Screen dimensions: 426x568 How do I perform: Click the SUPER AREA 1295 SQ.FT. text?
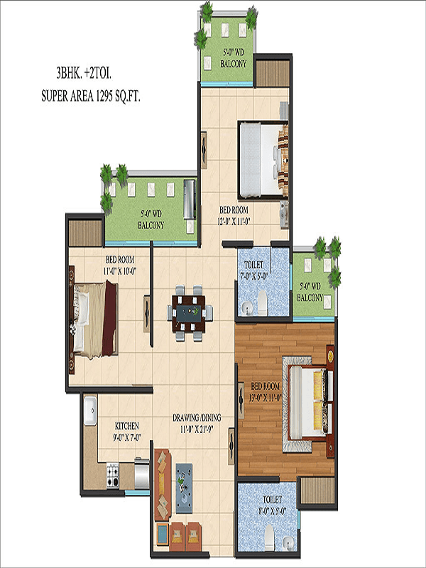click(x=91, y=97)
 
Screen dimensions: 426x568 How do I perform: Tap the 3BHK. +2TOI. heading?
click(x=84, y=74)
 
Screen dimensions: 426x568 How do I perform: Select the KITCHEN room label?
click(x=127, y=425)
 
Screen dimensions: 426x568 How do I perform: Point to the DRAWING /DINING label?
click(x=197, y=417)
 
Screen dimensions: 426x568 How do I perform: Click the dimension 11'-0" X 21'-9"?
click(x=197, y=430)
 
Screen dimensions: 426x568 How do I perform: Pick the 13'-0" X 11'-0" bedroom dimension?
click(x=265, y=398)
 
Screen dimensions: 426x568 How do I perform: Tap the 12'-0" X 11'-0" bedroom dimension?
click(x=234, y=222)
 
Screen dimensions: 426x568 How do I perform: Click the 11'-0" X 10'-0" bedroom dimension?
click(x=120, y=271)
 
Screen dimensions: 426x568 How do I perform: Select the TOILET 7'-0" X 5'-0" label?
click(x=254, y=271)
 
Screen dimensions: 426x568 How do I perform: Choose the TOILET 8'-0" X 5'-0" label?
click(x=272, y=506)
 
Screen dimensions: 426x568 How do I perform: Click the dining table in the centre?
click(x=189, y=313)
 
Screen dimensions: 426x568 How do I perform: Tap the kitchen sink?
click(x=90, y=410)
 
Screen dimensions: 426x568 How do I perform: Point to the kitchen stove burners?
click(x=113, y=475)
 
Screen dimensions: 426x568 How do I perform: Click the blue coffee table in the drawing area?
click(x=184, y=488)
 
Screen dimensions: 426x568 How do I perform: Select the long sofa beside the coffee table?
click(x=163, y=485)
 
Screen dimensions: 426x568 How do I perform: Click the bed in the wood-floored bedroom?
click(x=311, y=402)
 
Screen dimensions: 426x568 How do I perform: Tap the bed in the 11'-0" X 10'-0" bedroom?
click(x=95, y=319)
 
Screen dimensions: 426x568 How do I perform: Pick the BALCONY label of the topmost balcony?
click(x=234, y=64)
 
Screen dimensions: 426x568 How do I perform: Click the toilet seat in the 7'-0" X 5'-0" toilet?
click(x=262, y=303)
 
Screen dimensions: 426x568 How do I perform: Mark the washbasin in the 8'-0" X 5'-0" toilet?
click(x=288, y=542)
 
